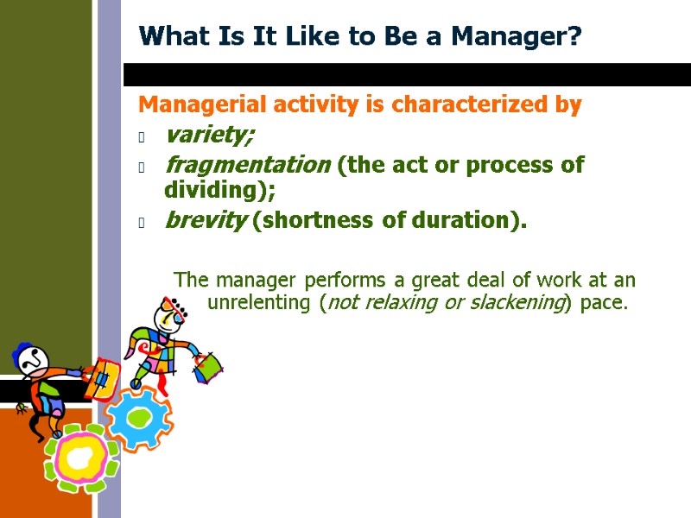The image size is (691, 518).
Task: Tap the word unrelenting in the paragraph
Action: click(x=261, y=304)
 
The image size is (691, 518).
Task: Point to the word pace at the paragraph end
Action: click(x=604, y=304)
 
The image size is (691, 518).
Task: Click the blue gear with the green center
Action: click(x=138, y=418)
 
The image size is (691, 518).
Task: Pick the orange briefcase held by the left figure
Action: click(x=102, y=380)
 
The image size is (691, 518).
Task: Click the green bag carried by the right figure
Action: click(x=207, y=366)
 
